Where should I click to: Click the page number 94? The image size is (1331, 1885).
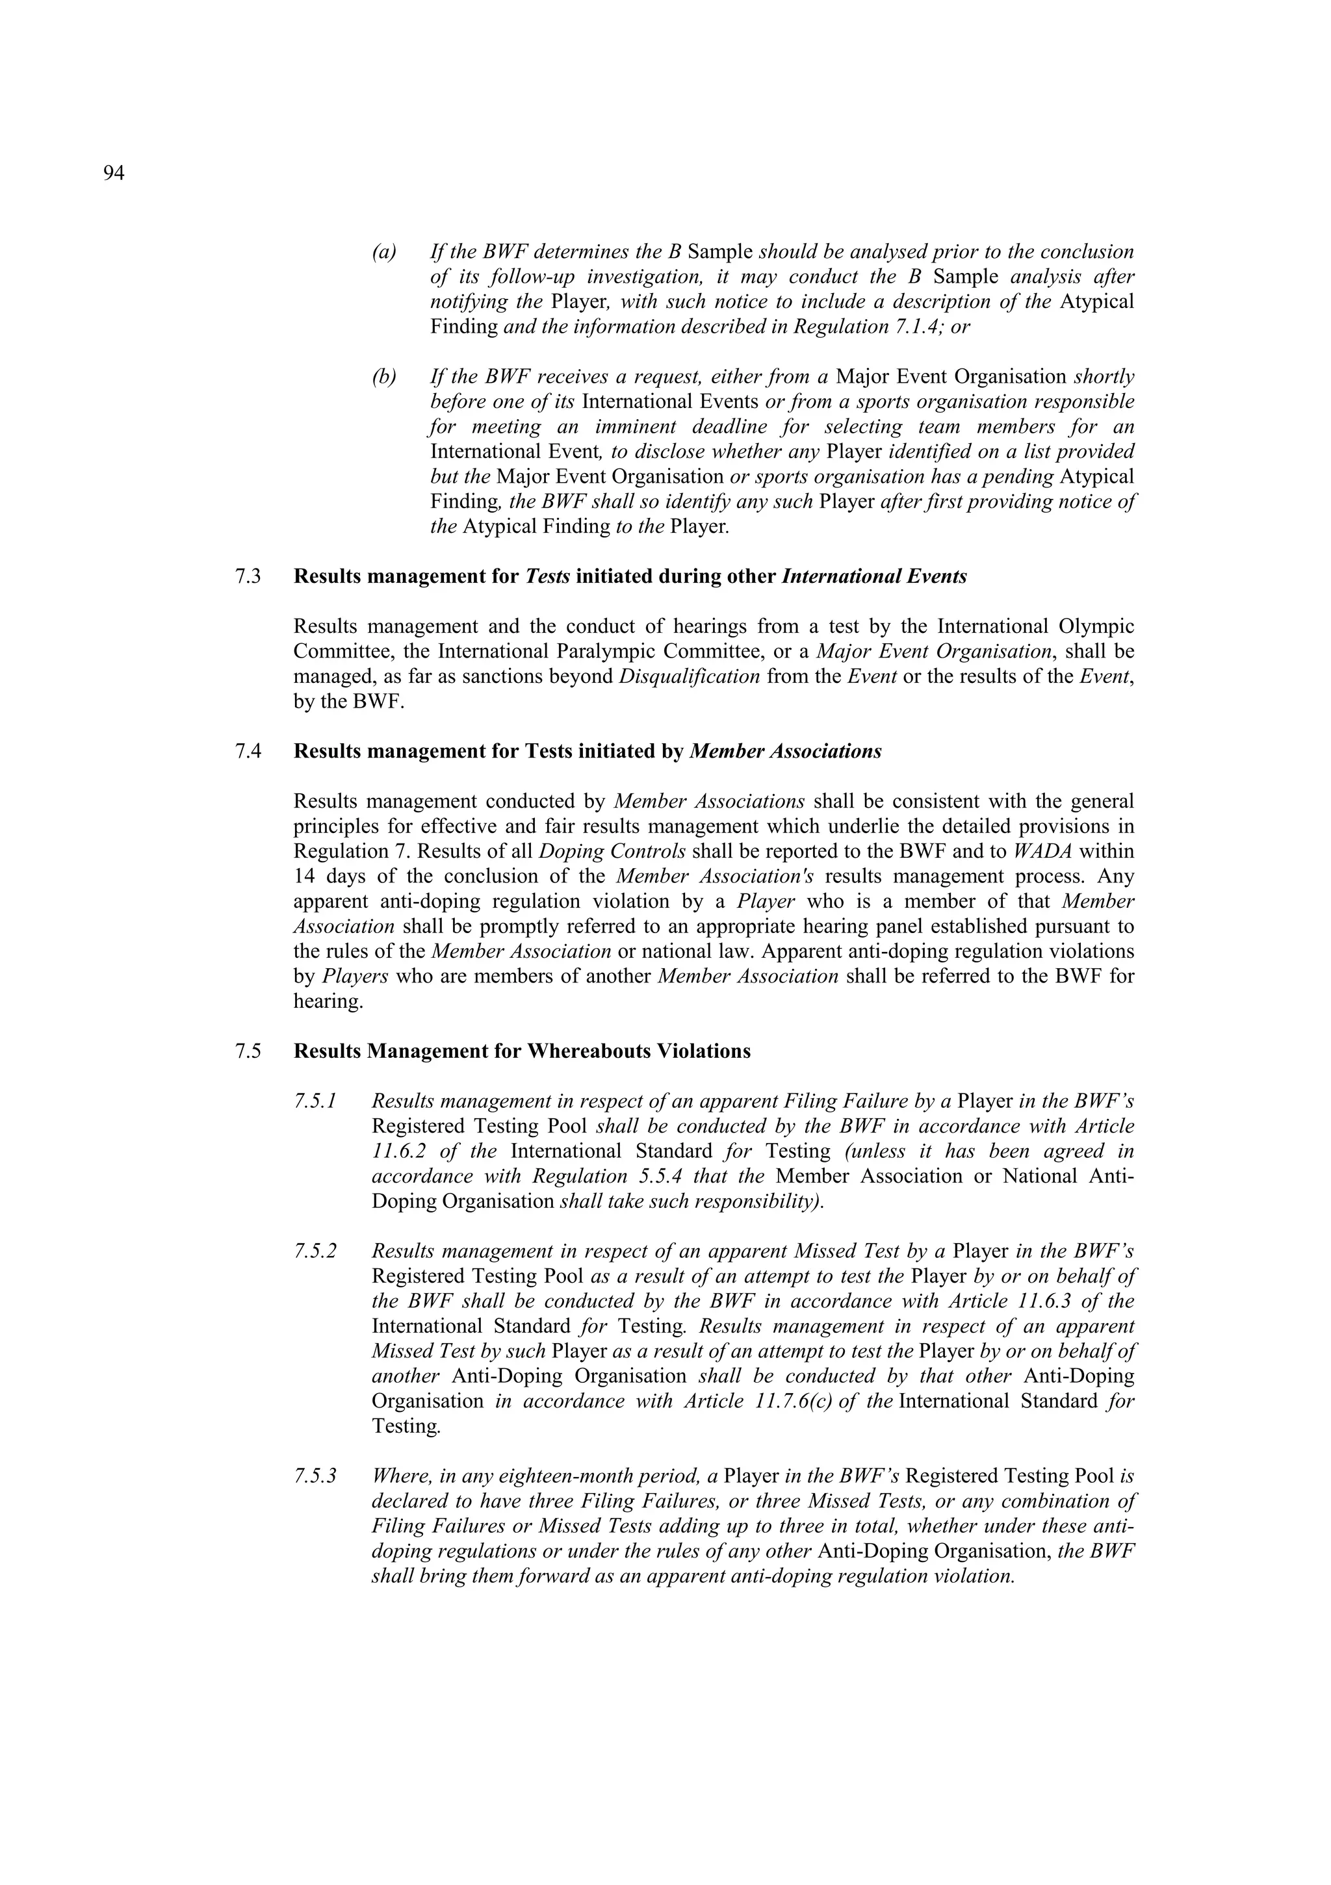(x=114, y=173)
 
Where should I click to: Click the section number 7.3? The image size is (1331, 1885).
(x=248, y=576)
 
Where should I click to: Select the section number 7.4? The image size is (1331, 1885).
(x=248, y=751)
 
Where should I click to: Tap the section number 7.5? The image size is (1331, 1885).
(x=248, y=1052)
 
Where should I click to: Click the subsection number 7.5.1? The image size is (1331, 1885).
(x=315, y=1102)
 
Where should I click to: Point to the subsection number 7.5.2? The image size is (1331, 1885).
(x=315, y=1252)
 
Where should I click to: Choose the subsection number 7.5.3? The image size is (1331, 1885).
(x=315, y=1477)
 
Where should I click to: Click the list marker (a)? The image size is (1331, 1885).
(x=383, y=252)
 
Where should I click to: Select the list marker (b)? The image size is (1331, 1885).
(x=383, y=377)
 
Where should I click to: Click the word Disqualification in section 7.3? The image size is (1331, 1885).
(x=689, y=676)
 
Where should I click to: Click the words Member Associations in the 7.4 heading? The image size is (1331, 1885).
(x=786, y=751)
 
